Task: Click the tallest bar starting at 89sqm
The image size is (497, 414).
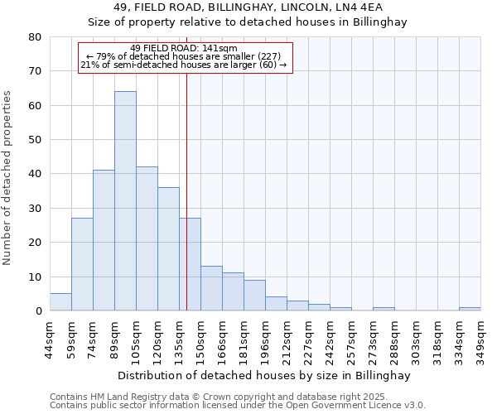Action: pyautogui.click(x=125, y=201)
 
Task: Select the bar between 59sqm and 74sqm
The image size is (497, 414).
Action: pyautogui.click(x=82, y=264)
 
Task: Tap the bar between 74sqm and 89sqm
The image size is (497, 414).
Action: pyautogui.click(x=104, y=240)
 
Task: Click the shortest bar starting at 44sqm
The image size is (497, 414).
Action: pyautogui.click(x=60, y=302)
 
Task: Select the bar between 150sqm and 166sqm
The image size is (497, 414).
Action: pyautogui.click(x=211, y=288)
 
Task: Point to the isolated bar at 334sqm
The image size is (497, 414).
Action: pyautogui.click(x=470, y=309)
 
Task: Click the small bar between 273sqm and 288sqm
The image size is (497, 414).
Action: pyautogui.click(x=384, y=309)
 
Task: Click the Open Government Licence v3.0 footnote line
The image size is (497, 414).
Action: pyautogui.click(x=238, y=405)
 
